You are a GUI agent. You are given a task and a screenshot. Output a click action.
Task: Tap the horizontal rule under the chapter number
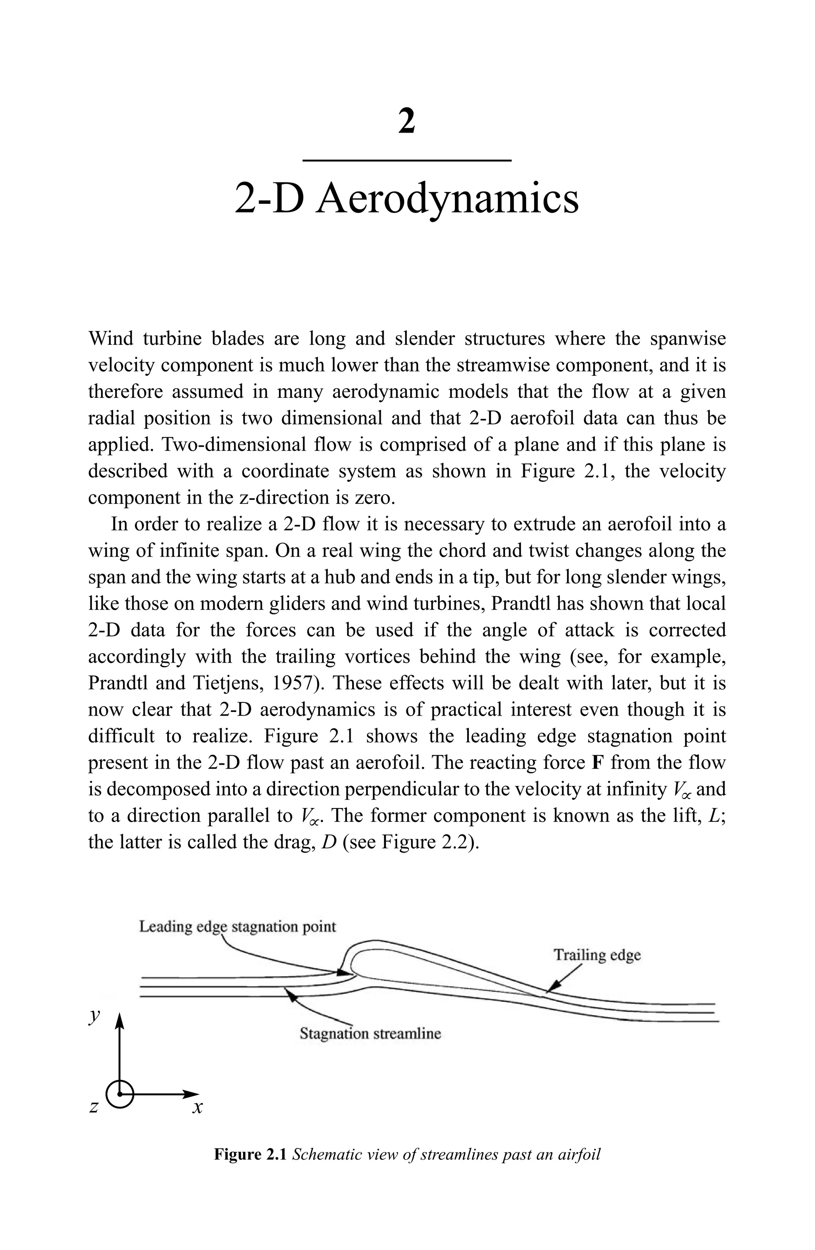[407, 160]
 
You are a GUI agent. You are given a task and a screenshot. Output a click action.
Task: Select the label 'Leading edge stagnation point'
[237, 927]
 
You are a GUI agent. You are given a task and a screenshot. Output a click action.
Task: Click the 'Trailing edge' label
[597, 955]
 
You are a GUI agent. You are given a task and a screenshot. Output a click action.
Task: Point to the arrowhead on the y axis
[120, 1019]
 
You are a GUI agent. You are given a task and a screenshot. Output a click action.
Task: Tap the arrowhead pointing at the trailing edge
[550, 990]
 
